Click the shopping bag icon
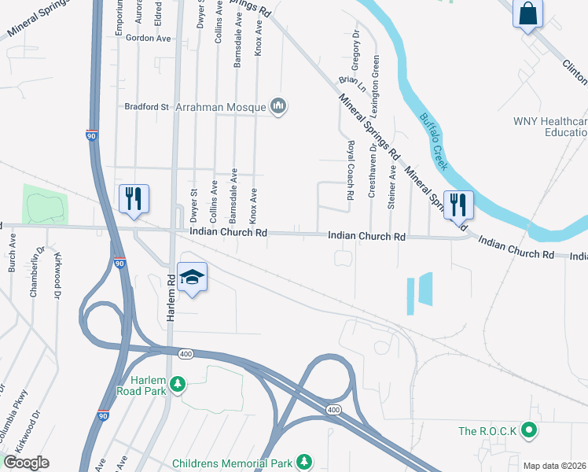coord(528,13)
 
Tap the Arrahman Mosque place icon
coord(277,105)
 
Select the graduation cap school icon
coord(192,277)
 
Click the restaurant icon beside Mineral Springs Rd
coord(459,205)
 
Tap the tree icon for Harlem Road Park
coord(179,383)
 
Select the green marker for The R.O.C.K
coord(529,430)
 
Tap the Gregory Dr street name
coord(355,51)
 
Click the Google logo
coord(26,462)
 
